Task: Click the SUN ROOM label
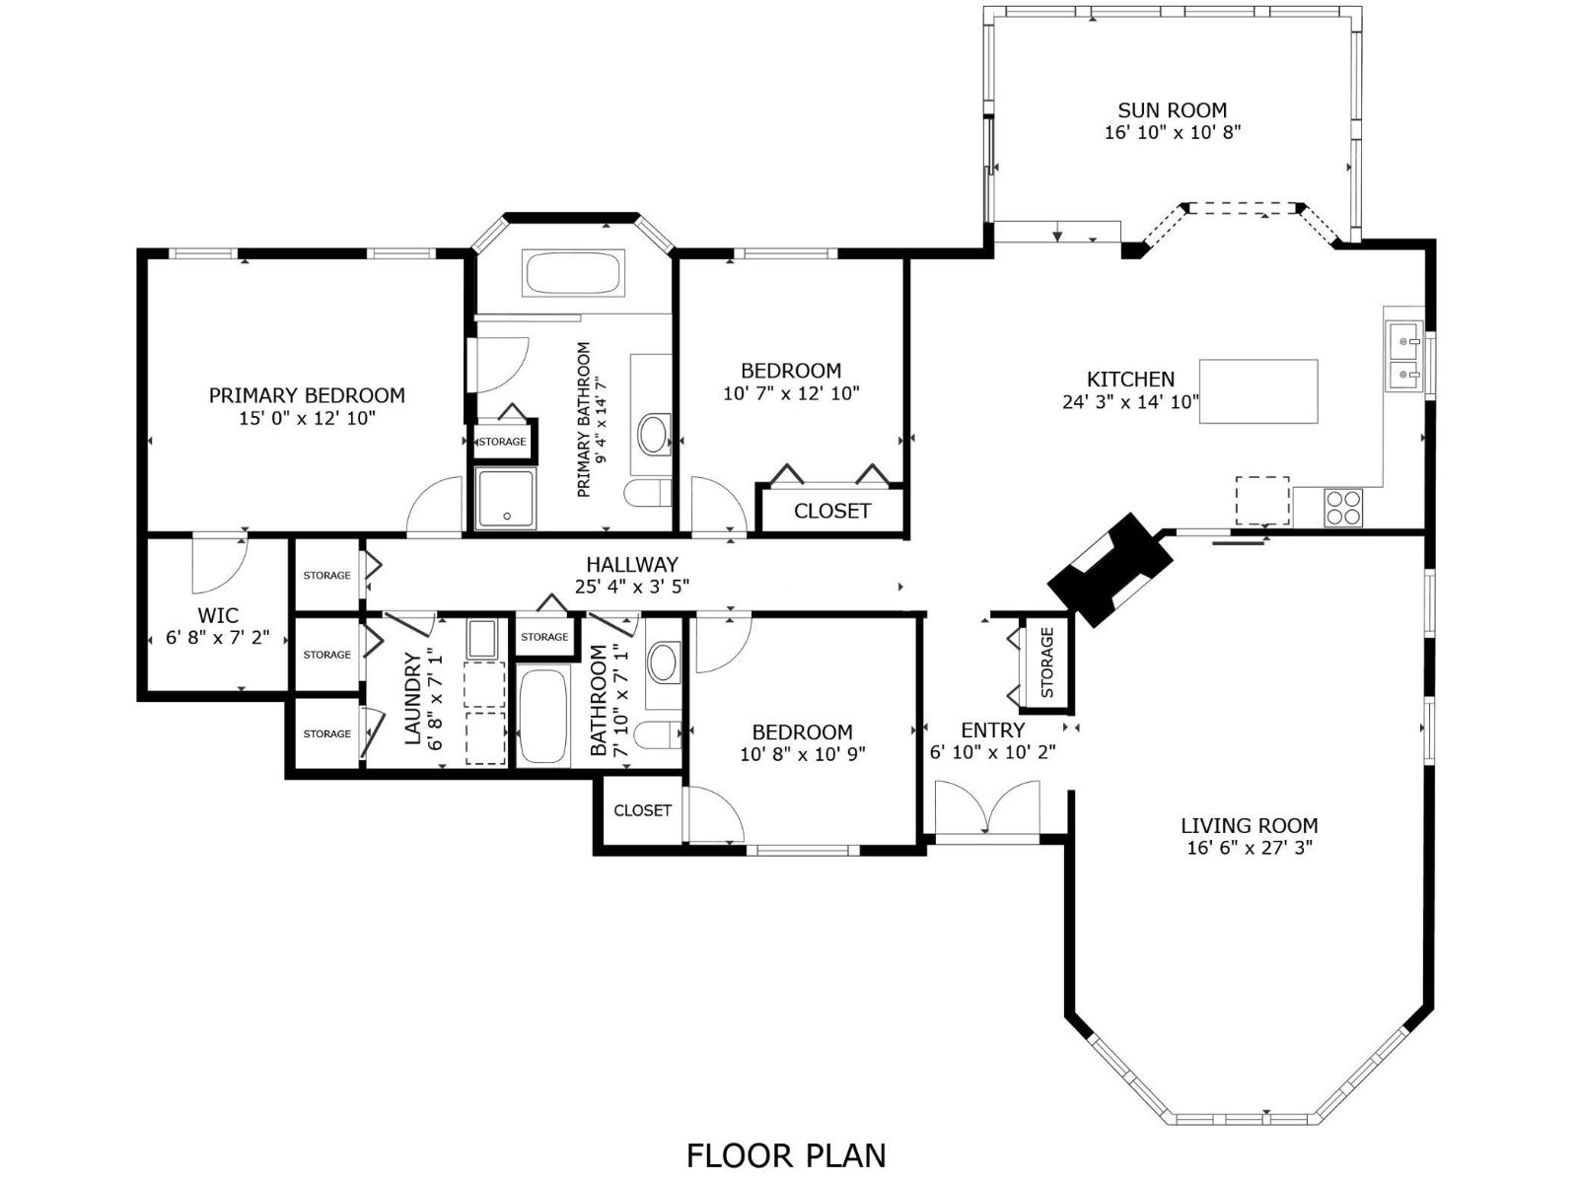tap(1172, 110)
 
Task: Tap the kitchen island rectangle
tap(1258, 391)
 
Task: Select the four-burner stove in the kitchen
tap(1342, 507)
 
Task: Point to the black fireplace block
tap(1110, 570)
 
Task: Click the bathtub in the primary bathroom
tap(573, 273)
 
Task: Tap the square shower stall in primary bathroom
tap(506, 499)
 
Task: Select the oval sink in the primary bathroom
tap(653, 434)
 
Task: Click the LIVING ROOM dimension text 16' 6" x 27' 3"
tap(1249, 848)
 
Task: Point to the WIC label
tap(217, 616)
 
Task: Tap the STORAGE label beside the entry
tap(1047, 662)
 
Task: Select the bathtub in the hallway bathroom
tap(543, 717)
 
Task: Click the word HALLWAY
tap(632, 564)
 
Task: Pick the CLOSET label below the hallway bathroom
tap(642, 810)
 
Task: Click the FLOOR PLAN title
tap(786, 1154)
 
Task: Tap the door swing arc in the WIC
tap(217, 560)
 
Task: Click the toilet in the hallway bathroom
tap(656, 734)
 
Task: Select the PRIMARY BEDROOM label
tap(307, 395)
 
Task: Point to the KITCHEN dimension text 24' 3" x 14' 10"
tap(1130, 401)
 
